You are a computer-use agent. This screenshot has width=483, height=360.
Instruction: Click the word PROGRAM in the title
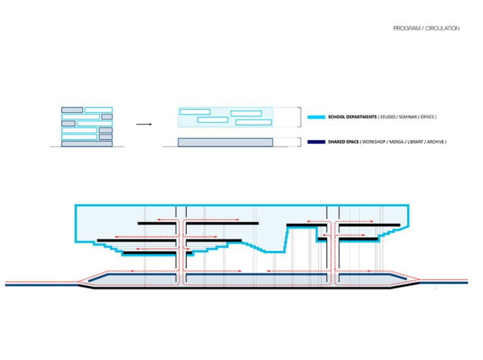click(x=407, y=28)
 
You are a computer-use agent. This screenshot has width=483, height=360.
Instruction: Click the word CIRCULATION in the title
click(x=443, y=28)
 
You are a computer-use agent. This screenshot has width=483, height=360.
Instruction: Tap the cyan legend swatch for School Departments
click(x=316, y=117)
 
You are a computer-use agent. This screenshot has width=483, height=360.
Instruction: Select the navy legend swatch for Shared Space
click(x=316, y=142)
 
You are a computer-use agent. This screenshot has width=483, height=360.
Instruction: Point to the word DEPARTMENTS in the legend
click(x=362, y=117)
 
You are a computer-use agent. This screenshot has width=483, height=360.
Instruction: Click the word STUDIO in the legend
click(x=388, y=117)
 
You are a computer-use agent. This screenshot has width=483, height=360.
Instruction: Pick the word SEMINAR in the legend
click(x=408, y=117)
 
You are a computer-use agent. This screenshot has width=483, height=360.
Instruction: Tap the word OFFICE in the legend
click(x=427, y=117)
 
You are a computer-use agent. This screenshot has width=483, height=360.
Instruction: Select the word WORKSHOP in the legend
click(x=374, y=142)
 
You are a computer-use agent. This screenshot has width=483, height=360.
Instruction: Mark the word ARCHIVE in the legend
click(x=435, y=142)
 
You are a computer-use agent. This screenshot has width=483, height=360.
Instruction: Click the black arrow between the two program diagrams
click(x=144, y=124)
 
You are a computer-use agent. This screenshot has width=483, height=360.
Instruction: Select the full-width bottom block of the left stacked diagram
click(x=87, y=143)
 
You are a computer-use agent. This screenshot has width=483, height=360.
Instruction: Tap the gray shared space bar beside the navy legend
click(x=225, y=142)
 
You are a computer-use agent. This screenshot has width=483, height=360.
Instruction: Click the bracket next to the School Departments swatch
click(x=299, y=117)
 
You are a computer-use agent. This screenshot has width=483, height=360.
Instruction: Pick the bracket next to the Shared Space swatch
click(x=299, y=142)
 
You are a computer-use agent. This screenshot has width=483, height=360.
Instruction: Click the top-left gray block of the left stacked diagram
click(x=72, y=110)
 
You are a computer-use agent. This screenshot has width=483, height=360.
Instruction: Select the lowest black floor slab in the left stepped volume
click(x=157, y=253)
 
